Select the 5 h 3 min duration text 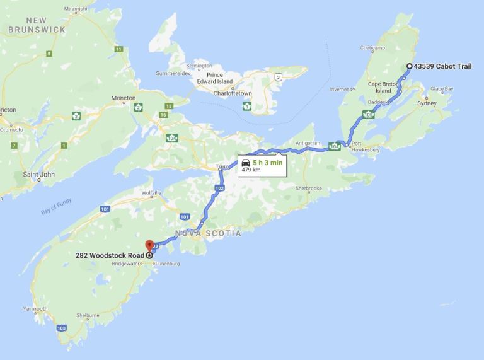pyautogui.click(x=267, y=162)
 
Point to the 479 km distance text pyautogui.click(x=251, y=170)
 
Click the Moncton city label pyautogui.click(x=123, y=98)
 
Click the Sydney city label pyautogui.click(x=427, y=103)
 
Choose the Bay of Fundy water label pyautogui.click(x=56, y=207)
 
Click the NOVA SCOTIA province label pyautogui.click(x=208, y=233)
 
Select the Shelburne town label pyautogui.click(x=87, y=315)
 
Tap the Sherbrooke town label pyautogui.click(x=308, y=188)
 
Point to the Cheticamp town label pyautogui.click(x=372, y=48)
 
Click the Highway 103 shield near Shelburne pyautogui.click(x=61, y=328)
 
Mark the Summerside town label pyautogui.click(x=172, y=73)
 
